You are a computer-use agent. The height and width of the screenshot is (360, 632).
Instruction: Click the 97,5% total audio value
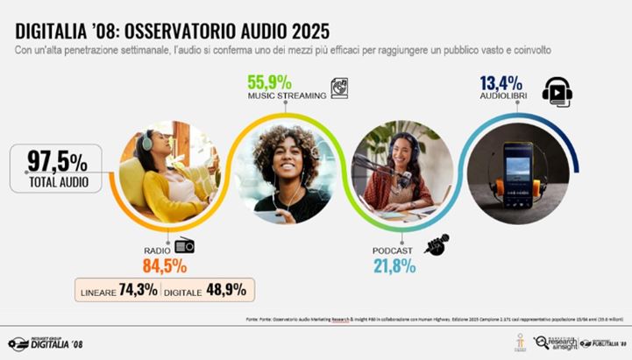[x=57, y=161]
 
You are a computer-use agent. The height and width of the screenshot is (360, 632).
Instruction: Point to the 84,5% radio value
[x=165, y=265]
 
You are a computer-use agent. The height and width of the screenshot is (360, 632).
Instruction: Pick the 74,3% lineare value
[x=138, y=290]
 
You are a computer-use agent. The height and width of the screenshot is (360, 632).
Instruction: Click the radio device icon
[x=184, y=246]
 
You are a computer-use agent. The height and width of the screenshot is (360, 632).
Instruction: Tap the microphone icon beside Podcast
[x=437, y=245]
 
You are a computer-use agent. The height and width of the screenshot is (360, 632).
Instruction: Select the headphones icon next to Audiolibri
[x=557, y=91]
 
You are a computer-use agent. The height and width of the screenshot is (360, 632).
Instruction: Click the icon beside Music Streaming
[x=339, y=88]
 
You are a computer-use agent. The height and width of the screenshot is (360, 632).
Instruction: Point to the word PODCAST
[x=392, y=251]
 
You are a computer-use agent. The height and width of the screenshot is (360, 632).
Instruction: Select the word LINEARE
[x=99, y=291]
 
